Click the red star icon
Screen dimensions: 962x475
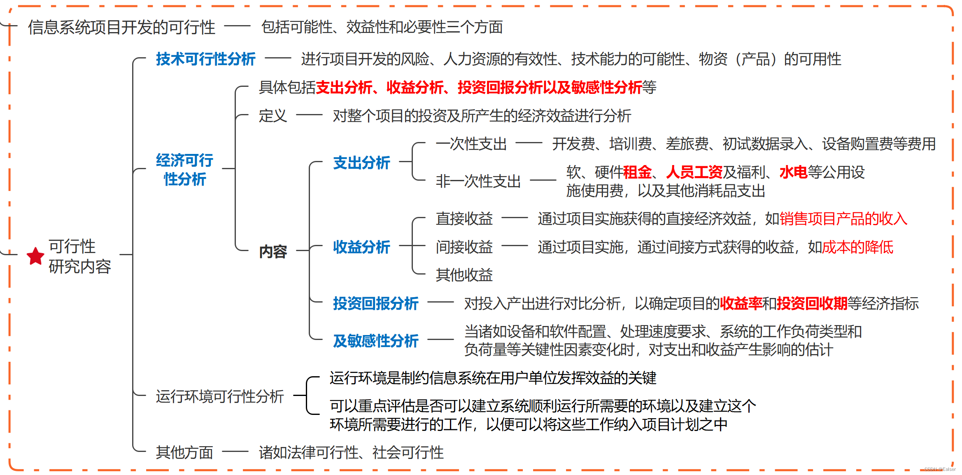point(35,256)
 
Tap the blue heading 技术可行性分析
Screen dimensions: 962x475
point(205,59)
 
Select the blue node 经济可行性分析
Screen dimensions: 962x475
point(184,170)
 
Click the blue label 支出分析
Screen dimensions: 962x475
point(361,163)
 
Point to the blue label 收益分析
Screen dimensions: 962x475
point(361,247)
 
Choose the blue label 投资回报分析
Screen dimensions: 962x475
point(375,303)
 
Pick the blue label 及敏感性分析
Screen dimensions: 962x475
point(375,341)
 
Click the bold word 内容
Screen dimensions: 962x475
point(273,251)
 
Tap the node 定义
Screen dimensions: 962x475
point(273,116)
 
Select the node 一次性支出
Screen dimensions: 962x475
point(471,144)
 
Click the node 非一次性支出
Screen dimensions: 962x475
point(478,181)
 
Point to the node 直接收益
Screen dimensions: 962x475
point(464,219)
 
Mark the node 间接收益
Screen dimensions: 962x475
point(464,247)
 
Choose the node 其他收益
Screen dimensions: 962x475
point(464,275)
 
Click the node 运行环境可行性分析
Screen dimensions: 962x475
point(220,396)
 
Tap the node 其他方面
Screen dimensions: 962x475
point(184,452)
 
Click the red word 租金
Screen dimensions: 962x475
point(637,172)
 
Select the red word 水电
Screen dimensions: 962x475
point(793,172)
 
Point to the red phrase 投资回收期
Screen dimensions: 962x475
point(812,303)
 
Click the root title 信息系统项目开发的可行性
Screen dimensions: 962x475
point(121,27)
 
